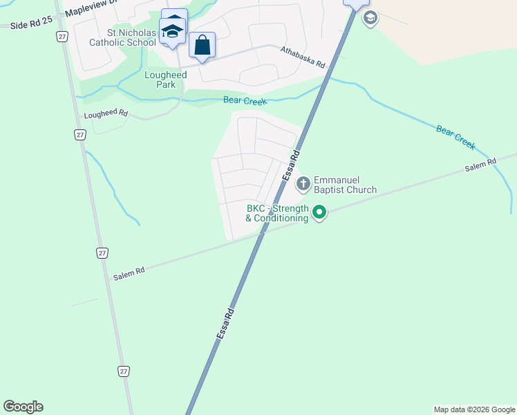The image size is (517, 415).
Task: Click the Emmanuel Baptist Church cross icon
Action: click(303, 184)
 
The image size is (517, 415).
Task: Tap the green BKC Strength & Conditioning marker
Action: click(319, 212)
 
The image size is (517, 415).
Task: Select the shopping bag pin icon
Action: click(202, 46)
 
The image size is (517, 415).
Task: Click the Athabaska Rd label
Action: click(303, 57)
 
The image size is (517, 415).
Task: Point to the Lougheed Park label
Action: click(160, 80)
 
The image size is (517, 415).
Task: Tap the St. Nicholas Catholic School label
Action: click(122, 37)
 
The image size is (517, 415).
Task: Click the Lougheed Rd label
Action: click(106, 113)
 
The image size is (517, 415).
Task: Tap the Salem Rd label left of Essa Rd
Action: click(129, 273)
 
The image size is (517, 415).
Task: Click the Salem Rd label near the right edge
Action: click(480, 165)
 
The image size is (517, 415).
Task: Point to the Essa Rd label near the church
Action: click(291, 165)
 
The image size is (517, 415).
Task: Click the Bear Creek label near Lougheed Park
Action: click(245, 101)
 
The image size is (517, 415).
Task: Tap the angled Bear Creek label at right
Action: click(455, 137)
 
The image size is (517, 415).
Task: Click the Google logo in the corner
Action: click(23, 407)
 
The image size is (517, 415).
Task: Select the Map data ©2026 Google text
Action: click(474, 409)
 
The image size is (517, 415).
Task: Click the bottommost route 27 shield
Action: click(123, 371)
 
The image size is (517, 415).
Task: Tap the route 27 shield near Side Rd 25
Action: click(63, 37)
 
